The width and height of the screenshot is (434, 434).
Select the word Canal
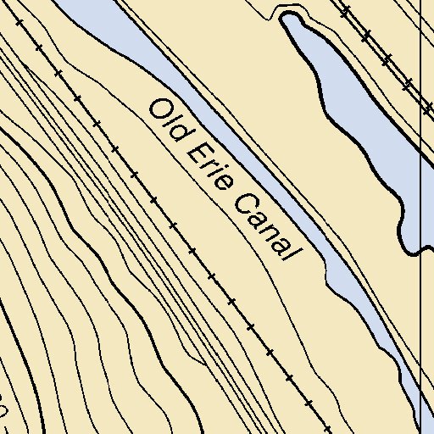coord(264,225)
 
